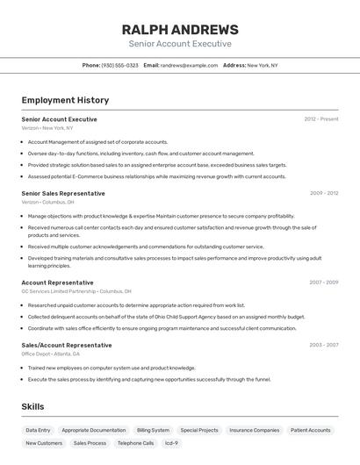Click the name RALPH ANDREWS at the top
(180, 29)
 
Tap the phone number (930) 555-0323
(119, 66)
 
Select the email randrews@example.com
(189, 66)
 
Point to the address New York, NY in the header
(262, 66)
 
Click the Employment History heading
(65, 101)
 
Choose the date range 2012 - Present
(320, 119)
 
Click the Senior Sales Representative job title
(63, 193)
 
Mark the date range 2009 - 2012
(323, 193)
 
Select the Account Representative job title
(57, 283)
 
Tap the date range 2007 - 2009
(323, 283)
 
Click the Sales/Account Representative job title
(67, 345)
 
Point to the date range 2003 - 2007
(323, 345)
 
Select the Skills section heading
(32, 407)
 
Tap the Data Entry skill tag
(38, 431)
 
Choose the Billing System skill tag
(153, 431)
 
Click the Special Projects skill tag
(199, 431)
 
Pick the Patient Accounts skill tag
(311, 431)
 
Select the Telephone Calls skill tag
(135, 444)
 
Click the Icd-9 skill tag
(171, 444)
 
